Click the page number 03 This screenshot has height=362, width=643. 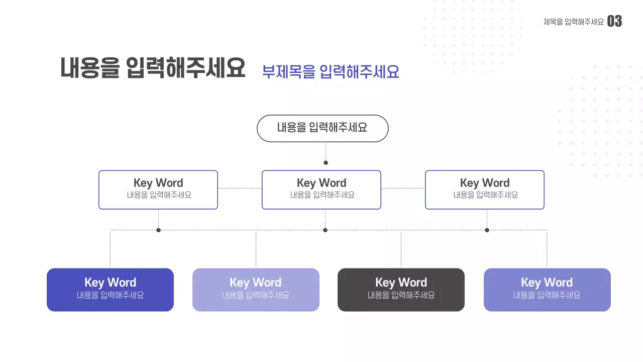click(x=614, y=21)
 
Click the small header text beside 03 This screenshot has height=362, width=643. click(x=573, y=22)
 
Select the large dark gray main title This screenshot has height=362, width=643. click(x=153, y=68)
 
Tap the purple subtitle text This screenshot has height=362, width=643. click(x=331, y=72)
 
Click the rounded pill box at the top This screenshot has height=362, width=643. click(x=323, y=128)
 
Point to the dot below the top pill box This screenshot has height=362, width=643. click(x=326, y=163)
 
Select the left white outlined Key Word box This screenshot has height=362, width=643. click(x=158, y=190)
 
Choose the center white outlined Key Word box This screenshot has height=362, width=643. click(x=321, y=190)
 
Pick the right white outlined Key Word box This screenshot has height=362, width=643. click(x=485, y=190)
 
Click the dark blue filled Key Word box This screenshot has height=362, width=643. click(x=110, y=290)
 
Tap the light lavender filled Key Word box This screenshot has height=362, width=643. click(x=256, y=290)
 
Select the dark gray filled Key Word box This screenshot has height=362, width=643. click(x=401, y=290)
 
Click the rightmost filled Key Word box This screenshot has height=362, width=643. click(x=547, y=290)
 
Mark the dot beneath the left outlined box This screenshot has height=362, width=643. click(x=158, y=230)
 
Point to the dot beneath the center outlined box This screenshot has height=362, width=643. click(x=325, y=230)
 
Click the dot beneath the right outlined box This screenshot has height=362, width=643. click(x=487, y=230)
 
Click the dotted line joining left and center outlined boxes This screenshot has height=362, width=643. click(x=240, y=189)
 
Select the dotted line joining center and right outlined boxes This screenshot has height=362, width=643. click(x=403, y=189)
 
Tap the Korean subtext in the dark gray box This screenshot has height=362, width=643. click(x=401, y=296)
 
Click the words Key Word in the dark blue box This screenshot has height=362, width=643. click(x=110, y=283)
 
